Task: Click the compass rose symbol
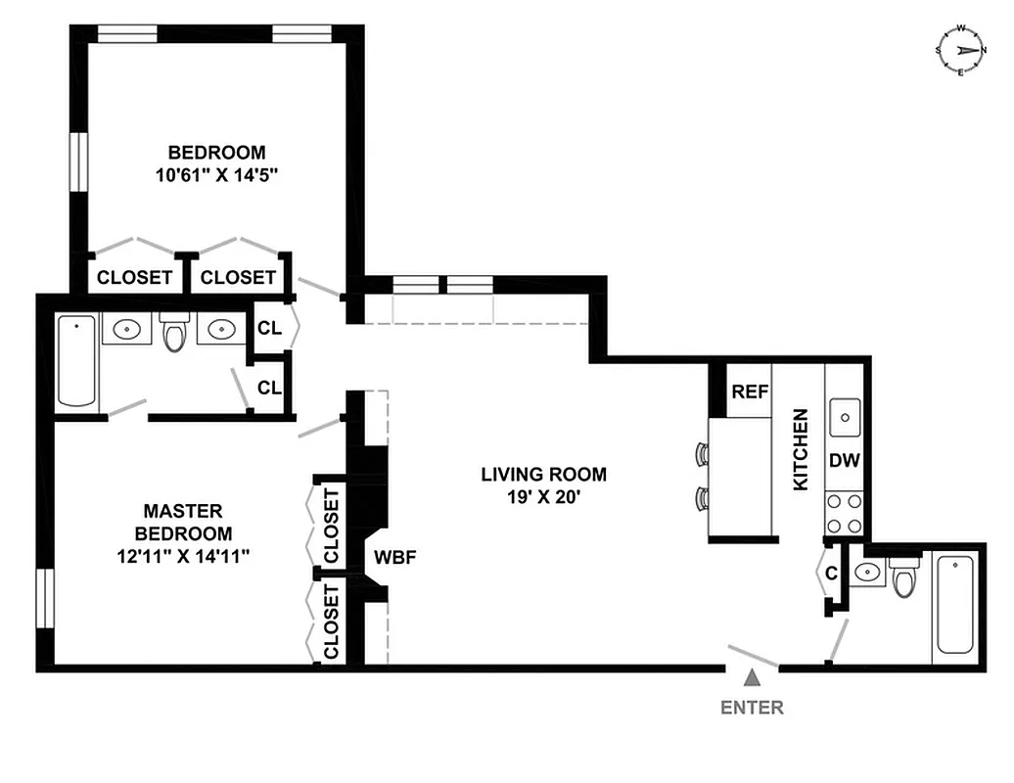click(x=960, y=50)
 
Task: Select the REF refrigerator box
click(x=749, y=392)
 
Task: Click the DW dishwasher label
click(x=844, y=460)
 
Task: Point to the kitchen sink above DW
click(x=844, y=418)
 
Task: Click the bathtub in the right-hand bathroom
click(x=954, y=604)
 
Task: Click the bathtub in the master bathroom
click(x=77, y=360)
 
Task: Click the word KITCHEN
click(x=801, y=449)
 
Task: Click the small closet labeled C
click(x=831, y=573)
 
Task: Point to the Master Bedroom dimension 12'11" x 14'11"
click(x=183, y=557)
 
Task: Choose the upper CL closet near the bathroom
click(x=269, y=329)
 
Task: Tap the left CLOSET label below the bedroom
click(x=134, y=277)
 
